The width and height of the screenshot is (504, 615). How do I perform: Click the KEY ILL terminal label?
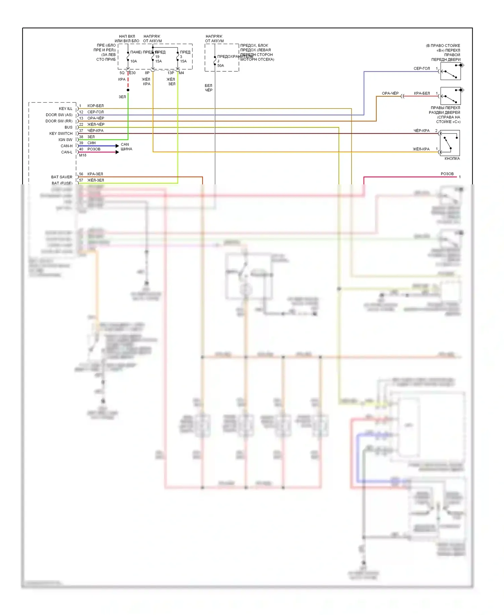click(x=65, y=109)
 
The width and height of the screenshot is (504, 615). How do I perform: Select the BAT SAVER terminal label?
click(x=61, y=177)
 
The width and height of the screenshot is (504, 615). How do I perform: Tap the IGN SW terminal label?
click(x=65, y=140)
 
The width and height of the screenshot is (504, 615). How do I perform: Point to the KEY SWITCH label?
click(x=61, y=134)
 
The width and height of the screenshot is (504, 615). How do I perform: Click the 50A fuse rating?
click(x=220, y=66)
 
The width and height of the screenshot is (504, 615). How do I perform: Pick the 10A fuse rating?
click(x=133, y=61)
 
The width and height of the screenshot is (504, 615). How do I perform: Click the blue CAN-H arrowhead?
click(x=117, y=146)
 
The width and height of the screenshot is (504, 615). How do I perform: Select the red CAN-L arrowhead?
click(x=117, y=152)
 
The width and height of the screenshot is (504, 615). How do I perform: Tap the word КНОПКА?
click(x=452, y=158)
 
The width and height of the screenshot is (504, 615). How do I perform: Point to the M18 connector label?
click(x=83, y=155)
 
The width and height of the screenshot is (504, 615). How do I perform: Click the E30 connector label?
click(x=132, y=73)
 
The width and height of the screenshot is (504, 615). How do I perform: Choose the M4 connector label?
click(x=181, y=73)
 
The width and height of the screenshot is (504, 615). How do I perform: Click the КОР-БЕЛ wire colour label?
click(x=95, y=106)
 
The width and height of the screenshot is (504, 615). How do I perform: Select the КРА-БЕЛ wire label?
click(x=422, y=93)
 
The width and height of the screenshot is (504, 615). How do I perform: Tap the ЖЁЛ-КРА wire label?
click(x=421, y=149)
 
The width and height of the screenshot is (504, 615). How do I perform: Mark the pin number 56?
click(x=81, y=174)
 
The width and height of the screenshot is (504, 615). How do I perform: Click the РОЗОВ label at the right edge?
click(x=447, y=174)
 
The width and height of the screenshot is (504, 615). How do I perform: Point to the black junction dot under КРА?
click(x=128, y=90)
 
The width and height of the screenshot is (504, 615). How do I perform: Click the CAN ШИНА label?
click(x=126, y=147)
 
